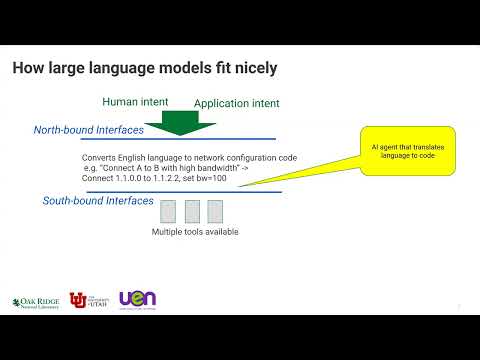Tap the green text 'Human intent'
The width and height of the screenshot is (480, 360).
(x=140, y=102)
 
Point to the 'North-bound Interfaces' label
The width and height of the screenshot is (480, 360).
(x=89, y=130)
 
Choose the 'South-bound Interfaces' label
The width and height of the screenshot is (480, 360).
(x=98, y=201)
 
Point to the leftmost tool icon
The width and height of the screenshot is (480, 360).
(x=168, y=211)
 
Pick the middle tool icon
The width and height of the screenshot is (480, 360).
(x=192, y=211)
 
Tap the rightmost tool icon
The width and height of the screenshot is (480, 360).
(x=215, y=211)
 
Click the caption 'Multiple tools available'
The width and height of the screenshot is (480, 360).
(x=195, y=232)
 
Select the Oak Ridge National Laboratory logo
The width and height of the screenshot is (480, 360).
(x=36, y=301)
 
